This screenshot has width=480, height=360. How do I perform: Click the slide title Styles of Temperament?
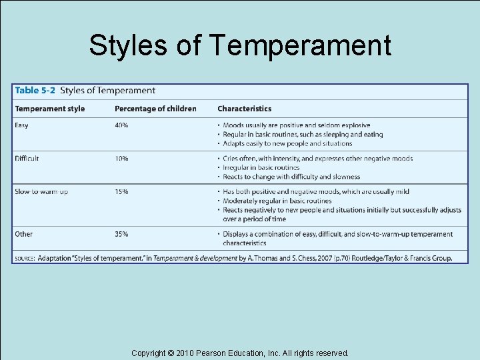tap(240, 46)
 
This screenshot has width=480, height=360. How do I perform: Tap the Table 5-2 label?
tap(35, 91)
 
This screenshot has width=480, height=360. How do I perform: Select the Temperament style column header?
tap(50, 109)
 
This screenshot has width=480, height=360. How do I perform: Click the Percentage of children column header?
tap(155, 109)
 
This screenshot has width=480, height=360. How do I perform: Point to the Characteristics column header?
tap(244, 109)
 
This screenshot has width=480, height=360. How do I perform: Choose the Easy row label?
tap(22, 125)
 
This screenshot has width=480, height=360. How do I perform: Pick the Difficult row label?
tap(27, 159)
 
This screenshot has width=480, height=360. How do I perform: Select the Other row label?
tap(24, 234)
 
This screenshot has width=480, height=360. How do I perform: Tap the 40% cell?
tap(121, 125)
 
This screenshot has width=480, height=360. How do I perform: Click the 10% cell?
tap(121, 159)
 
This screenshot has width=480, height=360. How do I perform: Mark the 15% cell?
tap(121, 192)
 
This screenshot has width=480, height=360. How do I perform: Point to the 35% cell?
tap(121, 234)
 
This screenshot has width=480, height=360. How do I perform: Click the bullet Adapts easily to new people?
tap(287, 143)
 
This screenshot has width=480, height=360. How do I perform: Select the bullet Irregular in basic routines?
tap(261, 167)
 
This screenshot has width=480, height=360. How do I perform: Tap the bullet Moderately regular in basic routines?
tap(277, 201)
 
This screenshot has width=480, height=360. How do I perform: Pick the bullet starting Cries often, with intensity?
tap(317, 159)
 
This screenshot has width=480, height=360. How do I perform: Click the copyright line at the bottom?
tap(240, 353)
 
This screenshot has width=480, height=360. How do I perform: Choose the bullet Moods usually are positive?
tap(296, 125)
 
